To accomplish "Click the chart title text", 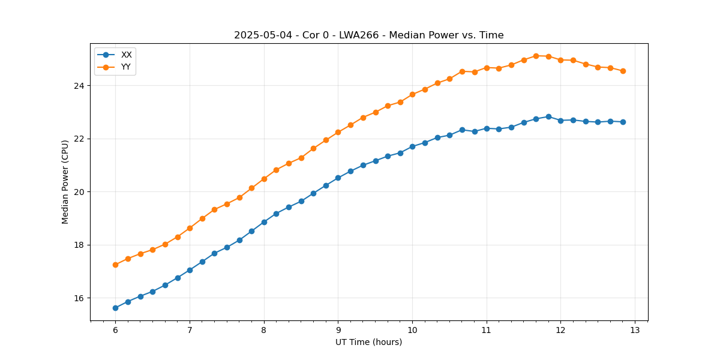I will (368, 35).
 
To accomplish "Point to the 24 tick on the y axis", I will (79, 86).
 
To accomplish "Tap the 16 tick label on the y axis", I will (79, 298).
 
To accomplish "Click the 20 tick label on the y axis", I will (79, 192).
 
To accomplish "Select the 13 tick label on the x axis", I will (635, 331).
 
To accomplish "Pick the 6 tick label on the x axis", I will (115, 331).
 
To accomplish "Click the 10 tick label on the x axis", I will (412, 331).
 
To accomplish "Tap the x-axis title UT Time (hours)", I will (368, 342).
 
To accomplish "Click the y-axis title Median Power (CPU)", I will (65, 182).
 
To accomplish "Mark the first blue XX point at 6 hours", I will (115, 308).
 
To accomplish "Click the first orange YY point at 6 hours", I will (115, 265).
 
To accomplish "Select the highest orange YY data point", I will (536, 56).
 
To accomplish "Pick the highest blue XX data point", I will (548, 116).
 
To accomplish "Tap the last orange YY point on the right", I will (623, 71).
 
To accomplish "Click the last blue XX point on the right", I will (623, 122).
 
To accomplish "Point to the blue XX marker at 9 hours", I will (338, 178).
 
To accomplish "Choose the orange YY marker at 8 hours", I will (264, 179).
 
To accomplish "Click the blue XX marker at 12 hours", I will (560, 121).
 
